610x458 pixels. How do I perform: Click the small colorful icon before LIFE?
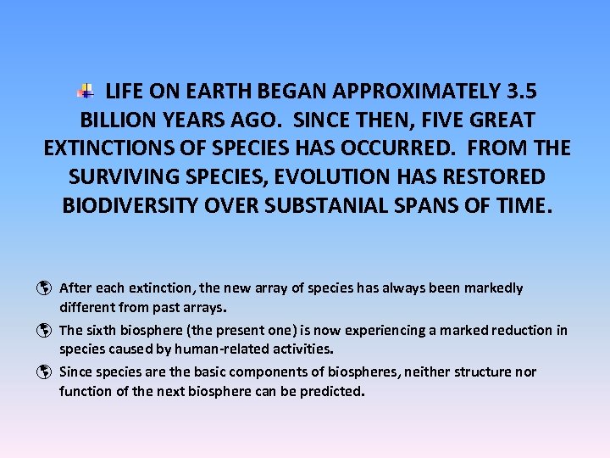(86, 90)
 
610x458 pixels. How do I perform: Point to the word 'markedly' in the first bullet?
(494, 288)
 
